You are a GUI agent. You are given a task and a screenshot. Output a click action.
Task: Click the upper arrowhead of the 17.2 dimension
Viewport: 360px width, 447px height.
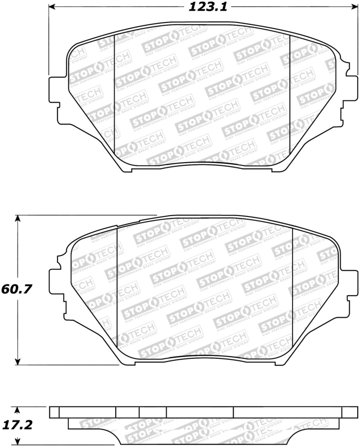(x=18, y=410)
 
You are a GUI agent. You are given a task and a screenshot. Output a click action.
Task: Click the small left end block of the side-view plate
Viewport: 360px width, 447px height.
(x=54, y=412)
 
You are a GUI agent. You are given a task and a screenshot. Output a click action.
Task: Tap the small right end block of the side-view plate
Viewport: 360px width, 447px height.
(x=350, y=412)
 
